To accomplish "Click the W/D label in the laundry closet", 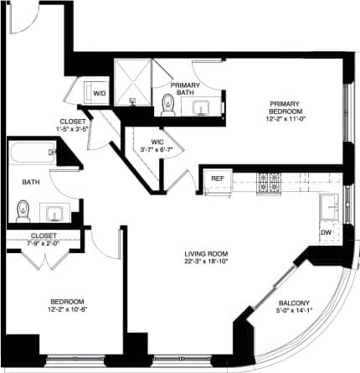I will click(99, 93).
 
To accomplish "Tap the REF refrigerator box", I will click(217, 179).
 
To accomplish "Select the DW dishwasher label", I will click(326, 233).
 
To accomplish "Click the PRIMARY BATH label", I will click(183, 89).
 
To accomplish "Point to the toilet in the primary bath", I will click(167, 104).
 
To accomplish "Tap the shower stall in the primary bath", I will click(131, 82).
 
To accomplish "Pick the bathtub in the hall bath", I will click(32, 154).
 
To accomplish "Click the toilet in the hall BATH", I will click(23, 207).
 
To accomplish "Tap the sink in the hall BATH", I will click(56, 210).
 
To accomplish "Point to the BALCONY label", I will click(294, 303).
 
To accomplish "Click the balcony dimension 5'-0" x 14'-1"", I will click(294, 312).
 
